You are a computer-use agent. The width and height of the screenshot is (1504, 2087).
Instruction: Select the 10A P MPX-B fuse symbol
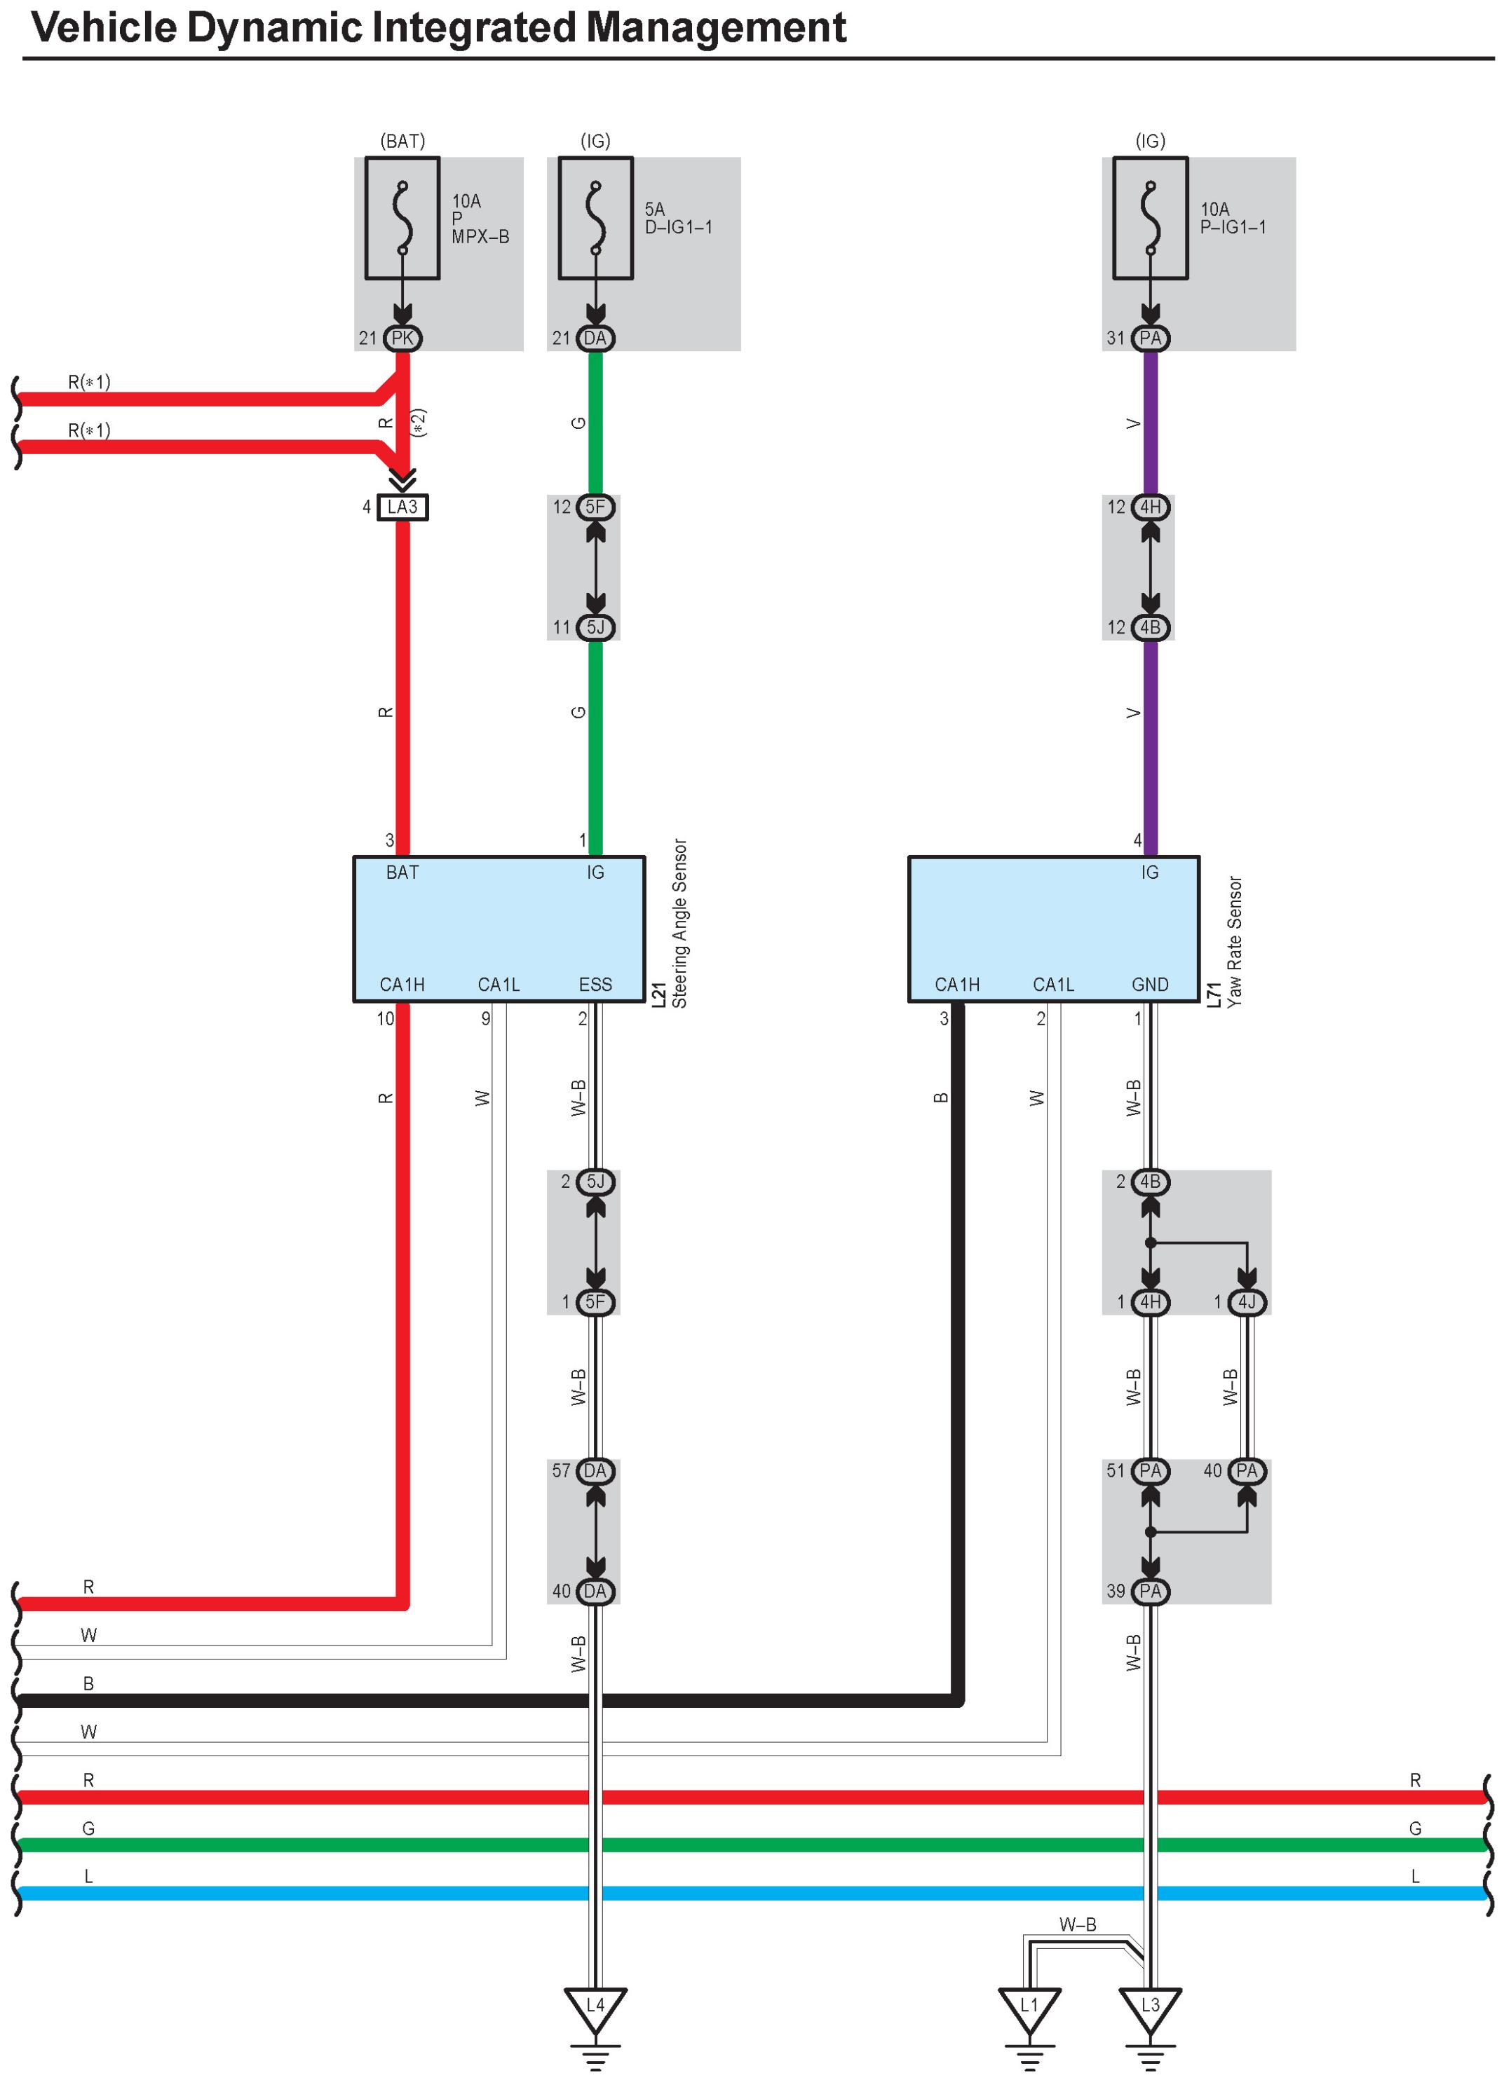coord(402,218)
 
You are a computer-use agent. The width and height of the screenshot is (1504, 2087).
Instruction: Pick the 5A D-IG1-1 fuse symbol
coord(595,218)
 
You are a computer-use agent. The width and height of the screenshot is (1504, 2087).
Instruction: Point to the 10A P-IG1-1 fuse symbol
coord(1150,218)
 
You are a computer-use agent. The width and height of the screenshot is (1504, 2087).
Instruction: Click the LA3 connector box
coord(402,507)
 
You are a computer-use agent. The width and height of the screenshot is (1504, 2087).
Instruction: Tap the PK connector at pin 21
coord(402,338)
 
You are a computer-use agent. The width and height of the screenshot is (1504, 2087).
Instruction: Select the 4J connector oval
coord(1246,1302)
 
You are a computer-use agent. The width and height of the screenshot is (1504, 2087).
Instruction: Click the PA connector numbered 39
coord(1150,1591)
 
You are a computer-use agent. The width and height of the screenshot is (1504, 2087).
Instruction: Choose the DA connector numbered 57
coord(595,1470)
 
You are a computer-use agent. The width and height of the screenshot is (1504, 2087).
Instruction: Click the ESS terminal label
coord(595,985)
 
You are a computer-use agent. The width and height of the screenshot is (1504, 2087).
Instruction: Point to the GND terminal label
coord(1150,985)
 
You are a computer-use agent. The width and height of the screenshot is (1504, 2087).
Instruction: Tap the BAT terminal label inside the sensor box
coord(402,873)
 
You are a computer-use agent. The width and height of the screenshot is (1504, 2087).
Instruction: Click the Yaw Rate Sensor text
coord(1234,940)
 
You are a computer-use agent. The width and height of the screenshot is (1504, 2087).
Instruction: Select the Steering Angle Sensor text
coord(679,922)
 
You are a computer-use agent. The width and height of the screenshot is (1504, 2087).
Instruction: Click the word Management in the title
coord(715,27)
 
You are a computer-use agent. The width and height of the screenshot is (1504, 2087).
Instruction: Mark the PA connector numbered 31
coord(1150,338)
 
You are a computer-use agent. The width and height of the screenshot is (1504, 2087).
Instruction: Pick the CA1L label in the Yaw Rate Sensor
coord(1053,985)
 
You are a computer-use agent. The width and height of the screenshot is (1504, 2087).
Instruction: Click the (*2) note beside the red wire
coord(419,423)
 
